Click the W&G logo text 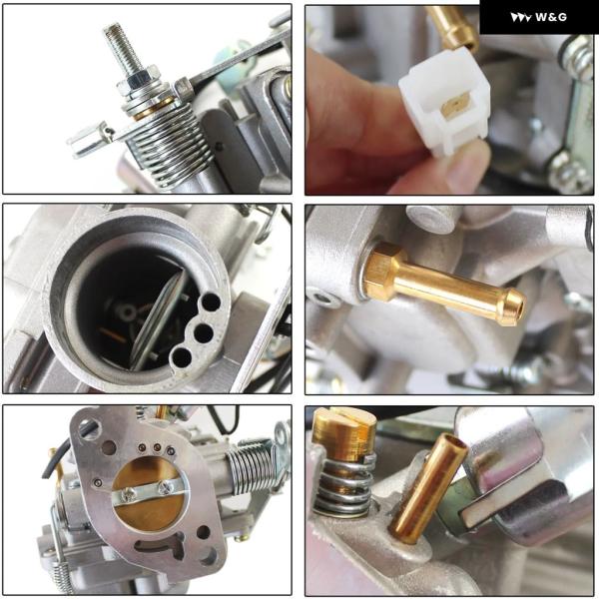click(x=551, y=17)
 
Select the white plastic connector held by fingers click(x=445, y=101)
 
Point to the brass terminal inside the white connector click(x=456, y=104)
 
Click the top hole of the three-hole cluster click(x=212, y=302)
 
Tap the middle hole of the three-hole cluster click(x=204, y=333)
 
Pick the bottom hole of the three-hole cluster click(x=182, y=357)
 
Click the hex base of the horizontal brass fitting click(x=384, y=271)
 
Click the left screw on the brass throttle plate click(x=130, y=494)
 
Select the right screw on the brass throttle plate click(x=166, y=487)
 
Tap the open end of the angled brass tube click(x=453, y=442)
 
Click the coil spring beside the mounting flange click(x=253, y=467)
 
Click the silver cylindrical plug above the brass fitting click(x=433, y=219)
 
